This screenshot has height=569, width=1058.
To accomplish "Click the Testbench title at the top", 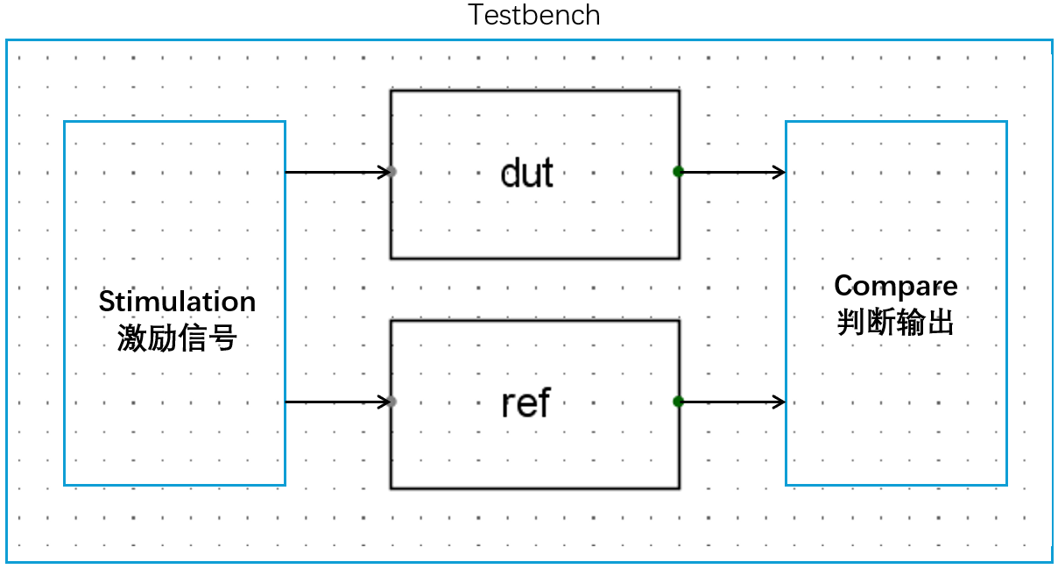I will point(533,16).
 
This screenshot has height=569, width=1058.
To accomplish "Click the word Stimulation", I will point(177,302).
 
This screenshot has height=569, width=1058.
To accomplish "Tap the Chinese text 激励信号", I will point(177,338).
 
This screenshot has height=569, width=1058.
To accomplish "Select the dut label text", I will point(526,173).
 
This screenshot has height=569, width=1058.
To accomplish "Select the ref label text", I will point(525,403).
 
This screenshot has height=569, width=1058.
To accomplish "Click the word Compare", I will point(895,286).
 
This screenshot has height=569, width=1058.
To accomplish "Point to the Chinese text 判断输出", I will point(895,323).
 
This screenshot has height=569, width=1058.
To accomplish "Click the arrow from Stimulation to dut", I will point(337,172).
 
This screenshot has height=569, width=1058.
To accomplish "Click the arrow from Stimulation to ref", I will point(337,402).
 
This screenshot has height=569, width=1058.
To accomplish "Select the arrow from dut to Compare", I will point(731,172).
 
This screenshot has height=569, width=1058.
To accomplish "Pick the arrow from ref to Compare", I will point(731,402).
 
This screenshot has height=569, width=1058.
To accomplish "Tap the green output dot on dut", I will point(678,172).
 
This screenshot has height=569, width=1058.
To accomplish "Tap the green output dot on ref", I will point(678,402).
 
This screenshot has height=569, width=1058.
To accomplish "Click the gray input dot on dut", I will point(392,172).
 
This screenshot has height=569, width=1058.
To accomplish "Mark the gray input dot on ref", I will point(392,402).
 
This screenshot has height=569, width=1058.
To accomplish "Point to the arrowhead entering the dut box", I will point(384,172).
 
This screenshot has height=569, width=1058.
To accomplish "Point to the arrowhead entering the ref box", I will point(384,402).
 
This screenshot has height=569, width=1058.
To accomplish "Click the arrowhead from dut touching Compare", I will point(779,172).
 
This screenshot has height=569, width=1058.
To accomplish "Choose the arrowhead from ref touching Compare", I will point(779,402).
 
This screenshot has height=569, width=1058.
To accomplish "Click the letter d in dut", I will point(511,174).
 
